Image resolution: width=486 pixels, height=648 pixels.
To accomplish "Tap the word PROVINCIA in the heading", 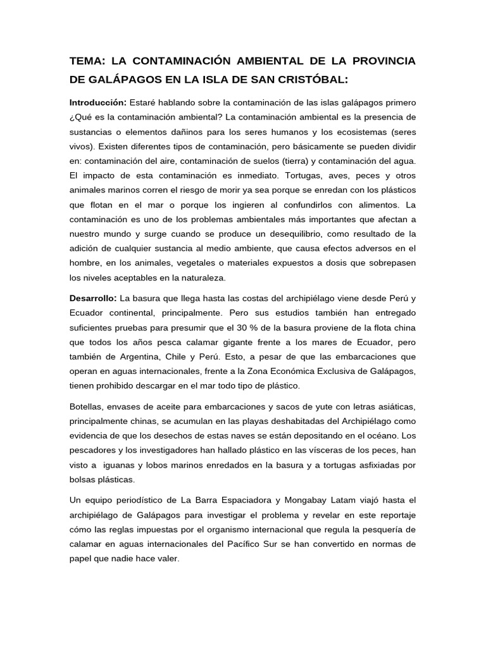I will click(382, 61).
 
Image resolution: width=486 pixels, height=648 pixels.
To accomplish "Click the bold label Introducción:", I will click(98, 102).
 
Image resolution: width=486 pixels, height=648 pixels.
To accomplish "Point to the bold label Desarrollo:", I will click(93, 297).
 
